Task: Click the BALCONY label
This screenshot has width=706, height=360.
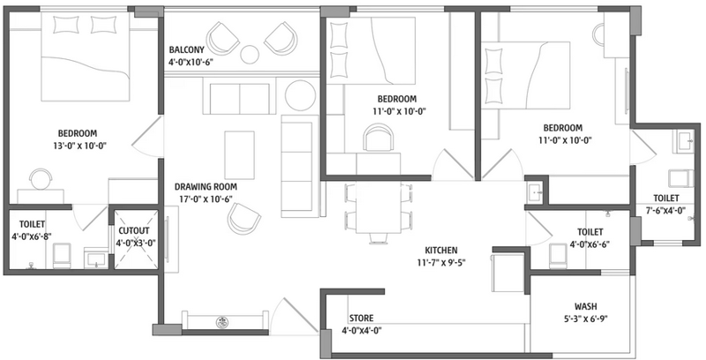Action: [x=186, y=50]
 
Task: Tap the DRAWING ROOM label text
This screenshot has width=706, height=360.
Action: [x=206, y=187]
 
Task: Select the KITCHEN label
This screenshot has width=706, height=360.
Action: [x=441, y=251]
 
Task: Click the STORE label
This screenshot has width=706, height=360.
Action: [x=362, y=319]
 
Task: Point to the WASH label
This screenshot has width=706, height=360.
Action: [x=586, y=306]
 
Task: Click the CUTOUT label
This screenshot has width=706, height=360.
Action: [x=134, y=231]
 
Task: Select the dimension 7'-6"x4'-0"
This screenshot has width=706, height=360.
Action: [x=666, y=210]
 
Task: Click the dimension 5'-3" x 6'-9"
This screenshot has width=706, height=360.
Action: [x=586, y=319]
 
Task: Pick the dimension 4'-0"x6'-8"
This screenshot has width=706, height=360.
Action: [x=32, y=236]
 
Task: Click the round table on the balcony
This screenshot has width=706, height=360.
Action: [x=250, y=55]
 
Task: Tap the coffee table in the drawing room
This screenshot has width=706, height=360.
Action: [x=239, y=154]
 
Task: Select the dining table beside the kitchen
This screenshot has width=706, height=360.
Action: [x=379, y=207]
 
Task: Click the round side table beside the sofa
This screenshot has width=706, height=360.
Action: [x=300, y=95]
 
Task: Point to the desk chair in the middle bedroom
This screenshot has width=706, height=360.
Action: [x=379, y=138]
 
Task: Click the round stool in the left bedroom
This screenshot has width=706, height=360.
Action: [x=41, y=179]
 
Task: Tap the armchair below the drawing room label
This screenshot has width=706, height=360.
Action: [x=244, y=218]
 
